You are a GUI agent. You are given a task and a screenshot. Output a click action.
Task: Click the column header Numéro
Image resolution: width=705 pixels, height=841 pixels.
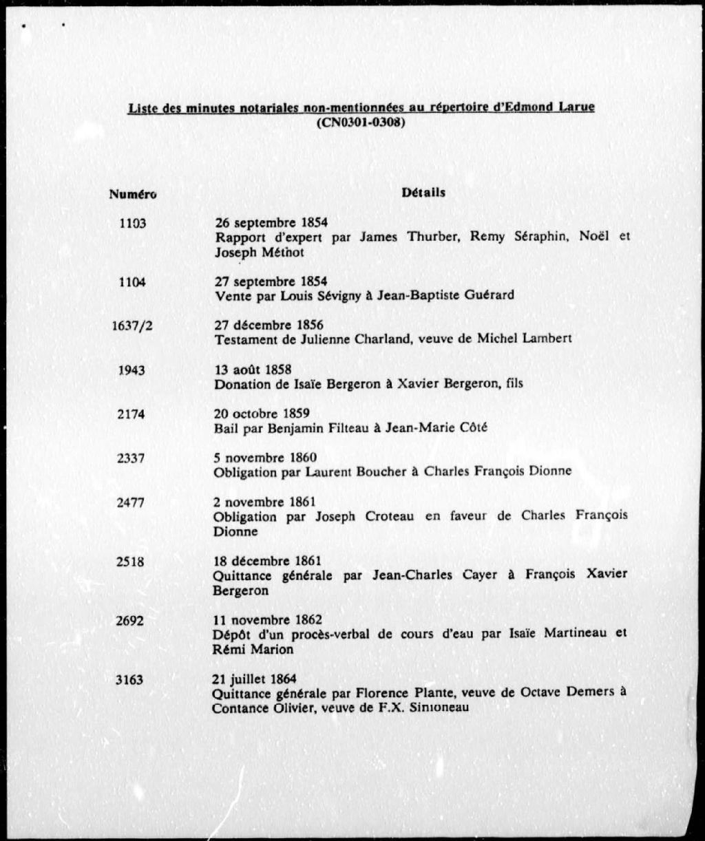(132, 194)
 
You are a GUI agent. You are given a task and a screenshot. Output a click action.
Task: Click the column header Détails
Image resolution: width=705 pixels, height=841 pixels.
(423, 193)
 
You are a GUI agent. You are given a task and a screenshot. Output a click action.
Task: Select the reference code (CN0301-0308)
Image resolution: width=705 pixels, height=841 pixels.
(360, 123)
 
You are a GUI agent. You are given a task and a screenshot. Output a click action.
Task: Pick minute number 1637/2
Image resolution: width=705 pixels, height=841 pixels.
(132, 326)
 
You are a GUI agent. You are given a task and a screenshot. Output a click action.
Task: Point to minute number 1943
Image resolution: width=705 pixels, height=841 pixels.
(131, 370)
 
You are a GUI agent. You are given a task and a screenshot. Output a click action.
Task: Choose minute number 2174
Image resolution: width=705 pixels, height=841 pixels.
(131, 414)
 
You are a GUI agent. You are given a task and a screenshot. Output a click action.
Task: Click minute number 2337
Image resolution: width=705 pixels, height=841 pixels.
(131, 458)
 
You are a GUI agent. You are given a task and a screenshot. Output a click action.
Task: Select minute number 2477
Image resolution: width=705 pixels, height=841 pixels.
(131, 502)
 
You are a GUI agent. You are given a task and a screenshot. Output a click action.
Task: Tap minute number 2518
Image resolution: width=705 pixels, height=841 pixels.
(131, 561)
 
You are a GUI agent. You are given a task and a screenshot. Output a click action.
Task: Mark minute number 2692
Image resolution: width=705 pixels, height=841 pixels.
(131, 620)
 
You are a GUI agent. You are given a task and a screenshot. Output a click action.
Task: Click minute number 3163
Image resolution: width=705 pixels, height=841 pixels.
(130, 680)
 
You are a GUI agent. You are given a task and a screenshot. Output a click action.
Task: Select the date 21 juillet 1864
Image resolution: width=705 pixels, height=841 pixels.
(255, 679)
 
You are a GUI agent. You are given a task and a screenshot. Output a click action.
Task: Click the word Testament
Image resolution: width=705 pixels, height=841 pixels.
(244, 339)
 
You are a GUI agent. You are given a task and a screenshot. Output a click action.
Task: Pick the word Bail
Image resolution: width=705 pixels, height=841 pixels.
(224, 428)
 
